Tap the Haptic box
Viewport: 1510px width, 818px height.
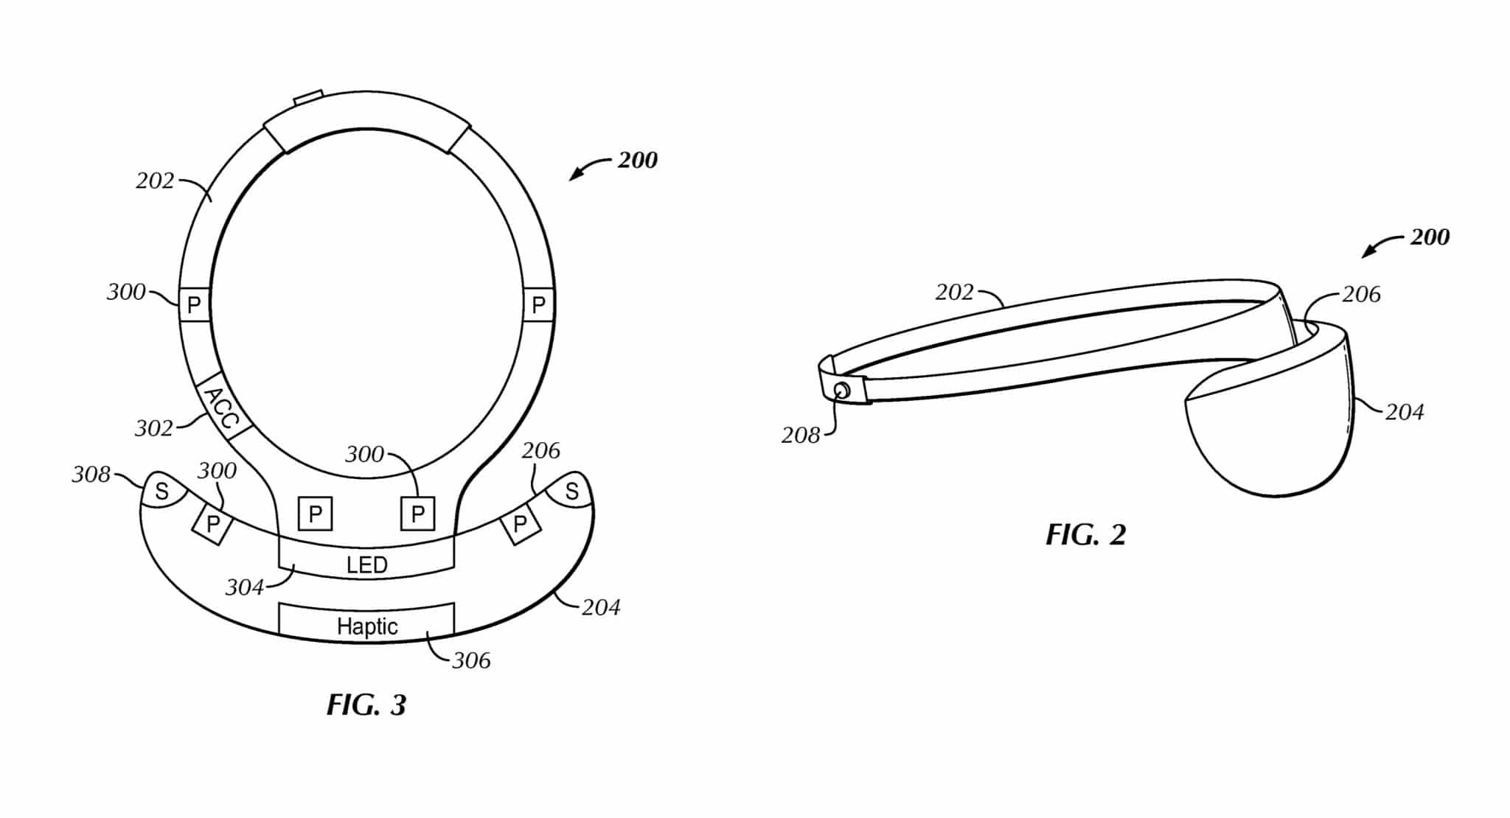(x=366, y=623)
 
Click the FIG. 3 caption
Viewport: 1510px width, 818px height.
(x=366, y=705)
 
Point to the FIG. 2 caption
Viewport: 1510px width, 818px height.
(x=1085, y=535)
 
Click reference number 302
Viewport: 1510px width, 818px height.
(x=153, y=428)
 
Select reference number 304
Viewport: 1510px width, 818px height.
(x=245, y=587)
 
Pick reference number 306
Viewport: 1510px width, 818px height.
(x=471, y=660)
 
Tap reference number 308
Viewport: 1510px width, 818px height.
(x=91, y=475)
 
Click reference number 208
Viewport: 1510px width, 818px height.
(x=801, y=436)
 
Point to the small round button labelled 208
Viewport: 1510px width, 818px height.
(x=841, y=390)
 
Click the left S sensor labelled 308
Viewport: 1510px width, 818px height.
(x=161, y=490)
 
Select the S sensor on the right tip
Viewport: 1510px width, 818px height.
(x=571, y=490)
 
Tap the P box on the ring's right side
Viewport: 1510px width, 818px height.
(x=539, y=304)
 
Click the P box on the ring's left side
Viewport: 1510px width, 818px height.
(x=195, y=304)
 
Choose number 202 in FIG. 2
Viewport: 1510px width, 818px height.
(x=955, y=293)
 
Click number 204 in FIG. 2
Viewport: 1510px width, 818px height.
(x=1405, y=412)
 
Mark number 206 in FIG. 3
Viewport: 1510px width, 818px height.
(x=541, y=450)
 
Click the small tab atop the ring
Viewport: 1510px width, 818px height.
(x=308, y=97)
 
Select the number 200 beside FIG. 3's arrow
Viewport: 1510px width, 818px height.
(x=637, y=160)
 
